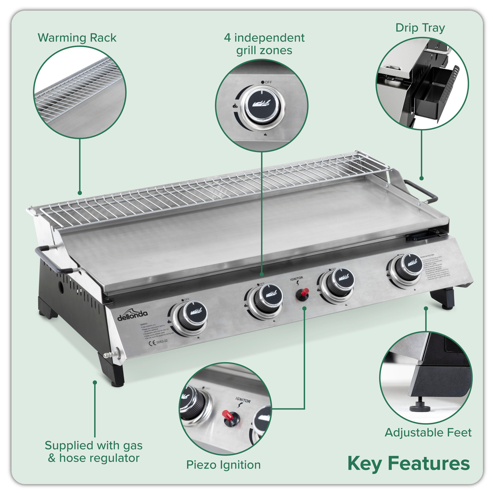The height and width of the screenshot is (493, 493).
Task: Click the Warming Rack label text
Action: coord(77,38)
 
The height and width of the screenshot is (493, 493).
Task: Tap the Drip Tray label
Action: coord(420,28)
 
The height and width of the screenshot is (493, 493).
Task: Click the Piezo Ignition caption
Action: coord(223,465)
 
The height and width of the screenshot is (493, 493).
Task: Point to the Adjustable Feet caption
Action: coord(428,433)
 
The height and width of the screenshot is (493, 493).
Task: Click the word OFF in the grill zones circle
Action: coord(268,82)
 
